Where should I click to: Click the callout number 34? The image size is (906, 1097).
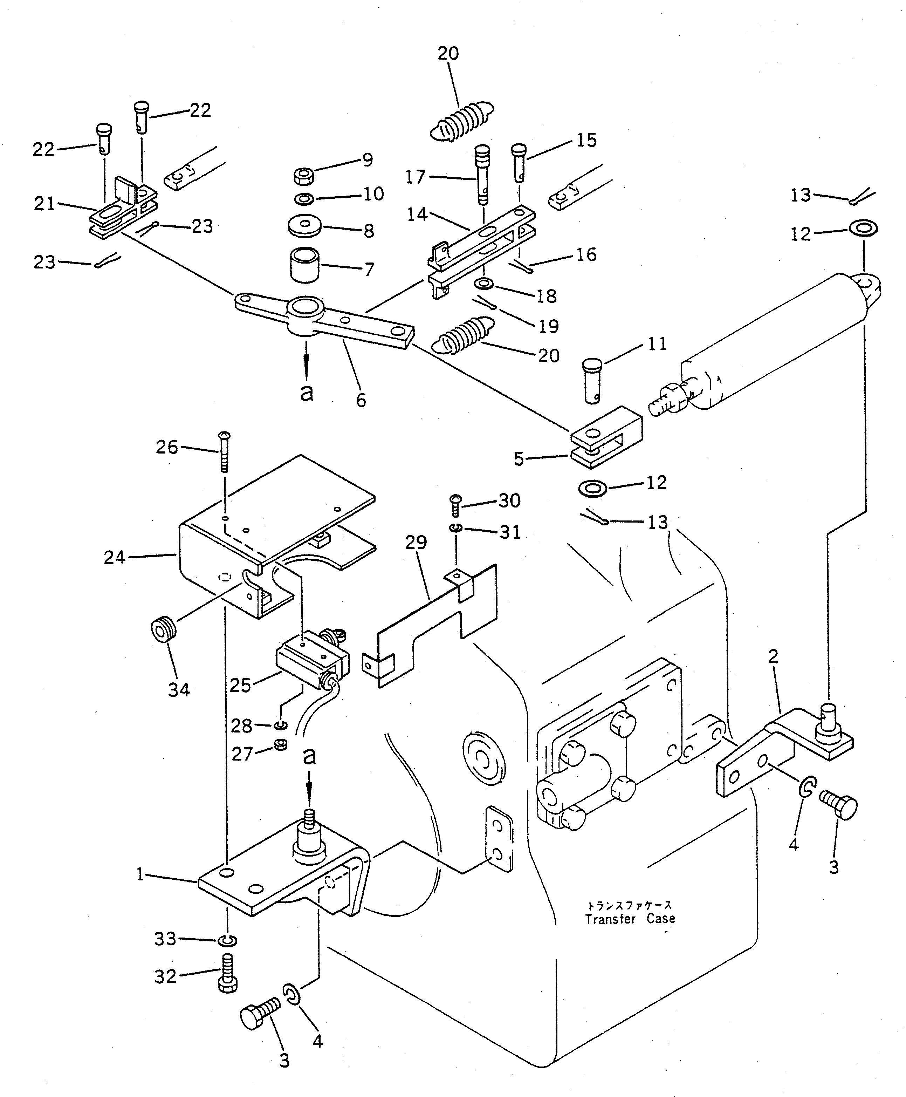[x=178, y=690]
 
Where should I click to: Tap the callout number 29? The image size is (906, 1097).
[x=416, y=543]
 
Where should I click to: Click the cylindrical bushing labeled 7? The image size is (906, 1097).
[x=305, y=265]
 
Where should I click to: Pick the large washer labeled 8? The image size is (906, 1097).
[x=305, y=226]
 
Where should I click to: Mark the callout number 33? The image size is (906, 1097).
[x=165, y=939]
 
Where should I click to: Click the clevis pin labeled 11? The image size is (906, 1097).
[x=592, y=381]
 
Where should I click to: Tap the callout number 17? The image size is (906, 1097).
[x=416, y=178]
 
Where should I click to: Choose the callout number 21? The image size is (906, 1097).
[x=44, y=204]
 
